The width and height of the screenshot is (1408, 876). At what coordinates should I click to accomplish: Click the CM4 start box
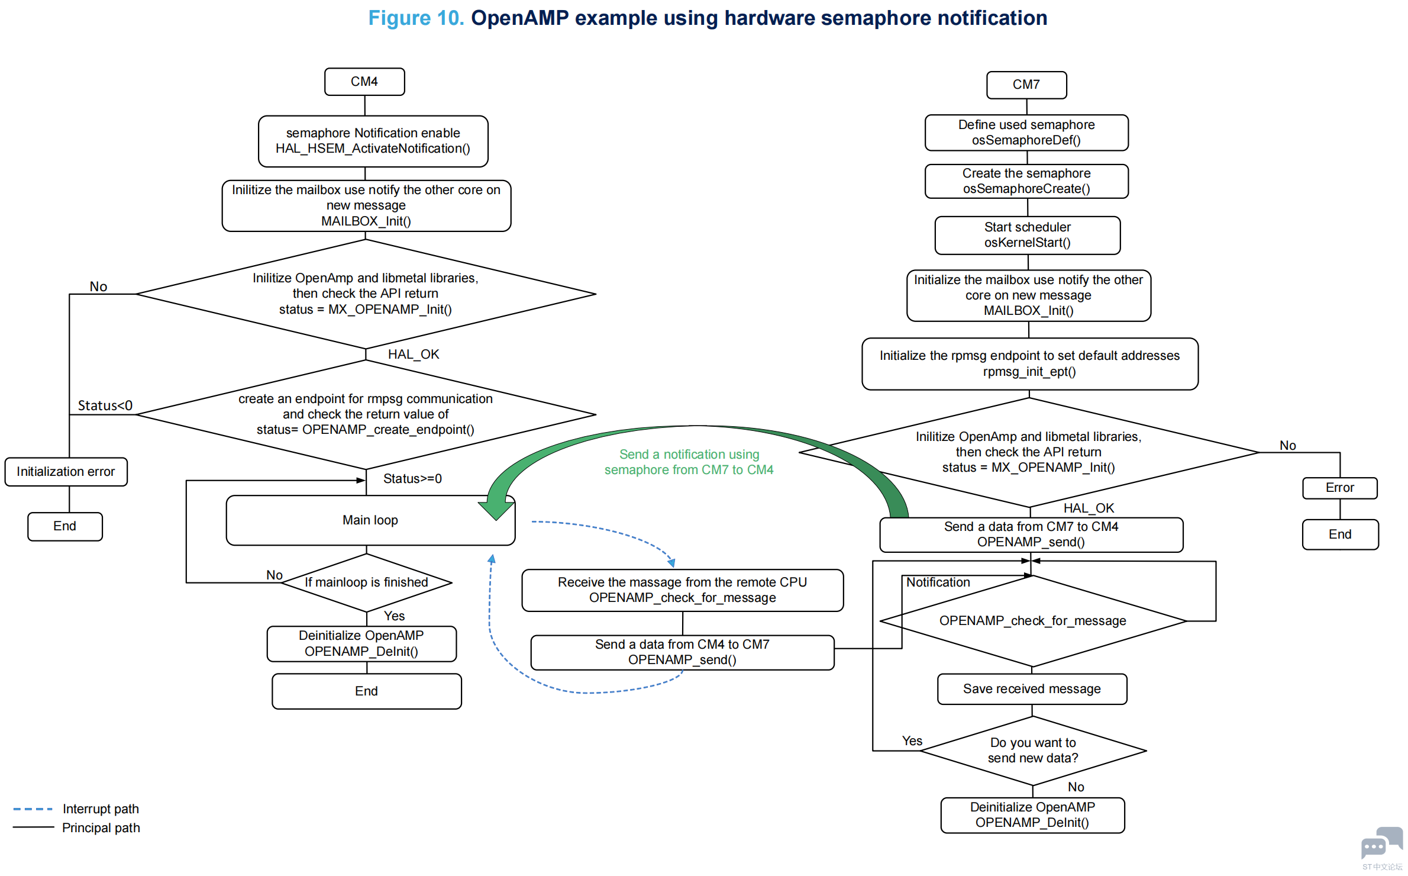[364, 82]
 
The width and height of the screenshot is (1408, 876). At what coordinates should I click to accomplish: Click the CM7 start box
[1026, 85]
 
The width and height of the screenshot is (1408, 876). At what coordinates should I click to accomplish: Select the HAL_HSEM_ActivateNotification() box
[373, 141]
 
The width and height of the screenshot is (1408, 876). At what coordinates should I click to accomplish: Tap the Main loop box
[370, 520]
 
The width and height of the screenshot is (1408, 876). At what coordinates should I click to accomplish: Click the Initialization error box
[66, 472]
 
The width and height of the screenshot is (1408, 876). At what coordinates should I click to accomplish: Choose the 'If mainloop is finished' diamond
[366, 582]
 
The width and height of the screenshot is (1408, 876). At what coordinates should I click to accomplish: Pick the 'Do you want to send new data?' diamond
[1033, 751]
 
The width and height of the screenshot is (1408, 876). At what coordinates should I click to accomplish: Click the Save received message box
[1032, 689]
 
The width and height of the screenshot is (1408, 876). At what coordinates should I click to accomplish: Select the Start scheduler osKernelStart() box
[1028, 235]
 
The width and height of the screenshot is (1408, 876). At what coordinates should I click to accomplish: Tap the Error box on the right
[1339, 488]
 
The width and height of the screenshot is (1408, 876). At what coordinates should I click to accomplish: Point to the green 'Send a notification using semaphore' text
[689, 462]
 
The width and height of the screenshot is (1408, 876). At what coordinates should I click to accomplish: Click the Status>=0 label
[412, 479]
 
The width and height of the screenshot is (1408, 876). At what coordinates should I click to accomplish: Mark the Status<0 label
[105, 406]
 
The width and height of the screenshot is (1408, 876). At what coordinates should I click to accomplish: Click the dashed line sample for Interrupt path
[33, 809]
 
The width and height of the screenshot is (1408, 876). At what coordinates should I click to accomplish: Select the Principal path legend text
[101, 828]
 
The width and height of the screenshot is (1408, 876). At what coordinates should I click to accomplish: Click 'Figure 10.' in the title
[416, 18]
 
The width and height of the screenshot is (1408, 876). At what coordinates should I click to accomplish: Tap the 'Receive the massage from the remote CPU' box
[682, 590]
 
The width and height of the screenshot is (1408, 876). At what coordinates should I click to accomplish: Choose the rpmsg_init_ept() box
[1029, 364]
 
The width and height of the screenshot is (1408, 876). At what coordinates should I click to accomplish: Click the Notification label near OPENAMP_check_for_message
[938, 582]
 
